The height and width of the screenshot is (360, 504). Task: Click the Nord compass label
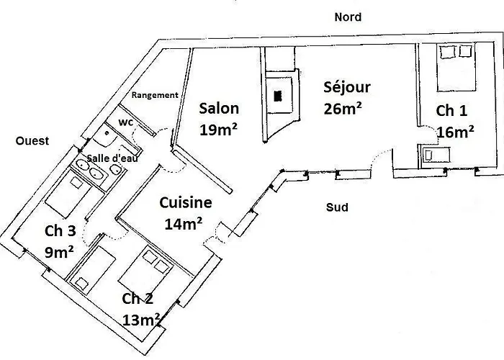348,17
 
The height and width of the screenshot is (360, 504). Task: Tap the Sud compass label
337,207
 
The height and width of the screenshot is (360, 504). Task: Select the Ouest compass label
32,141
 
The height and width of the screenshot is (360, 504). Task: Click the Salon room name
219,108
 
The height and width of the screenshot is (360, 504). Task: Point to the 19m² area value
219,130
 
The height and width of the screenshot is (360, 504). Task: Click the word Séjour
347,87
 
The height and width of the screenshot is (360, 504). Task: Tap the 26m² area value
343,109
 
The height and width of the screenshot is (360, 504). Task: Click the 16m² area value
456,132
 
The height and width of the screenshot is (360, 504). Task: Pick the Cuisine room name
186,203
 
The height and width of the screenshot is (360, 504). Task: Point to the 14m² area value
183,224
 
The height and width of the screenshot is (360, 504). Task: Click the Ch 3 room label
60,231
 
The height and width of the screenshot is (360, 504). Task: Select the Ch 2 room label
138,299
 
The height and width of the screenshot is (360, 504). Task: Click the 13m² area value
141,320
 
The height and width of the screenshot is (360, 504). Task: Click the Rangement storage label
155,95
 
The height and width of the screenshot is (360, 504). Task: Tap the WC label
126,122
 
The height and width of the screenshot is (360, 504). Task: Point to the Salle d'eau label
112,158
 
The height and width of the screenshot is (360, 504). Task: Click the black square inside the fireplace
278,96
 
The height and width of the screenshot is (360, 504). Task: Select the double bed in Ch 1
456,68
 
